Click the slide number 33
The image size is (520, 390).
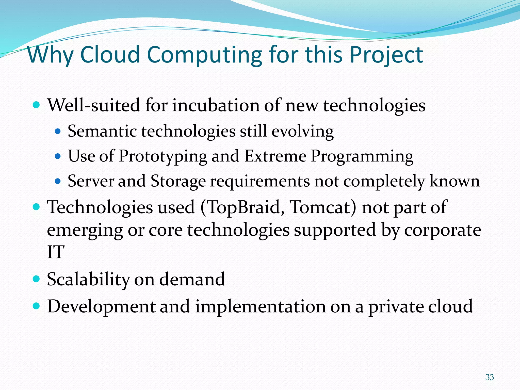[489, 377]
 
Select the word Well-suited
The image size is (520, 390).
[94, 105]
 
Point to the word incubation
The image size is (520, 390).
[216, 105]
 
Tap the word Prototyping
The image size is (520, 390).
[163, 156]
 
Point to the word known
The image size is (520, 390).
[454, 181]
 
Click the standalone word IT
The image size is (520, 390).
[56, 252]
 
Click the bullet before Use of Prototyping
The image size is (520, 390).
[58, 156]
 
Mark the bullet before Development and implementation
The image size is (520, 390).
[37, 306]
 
